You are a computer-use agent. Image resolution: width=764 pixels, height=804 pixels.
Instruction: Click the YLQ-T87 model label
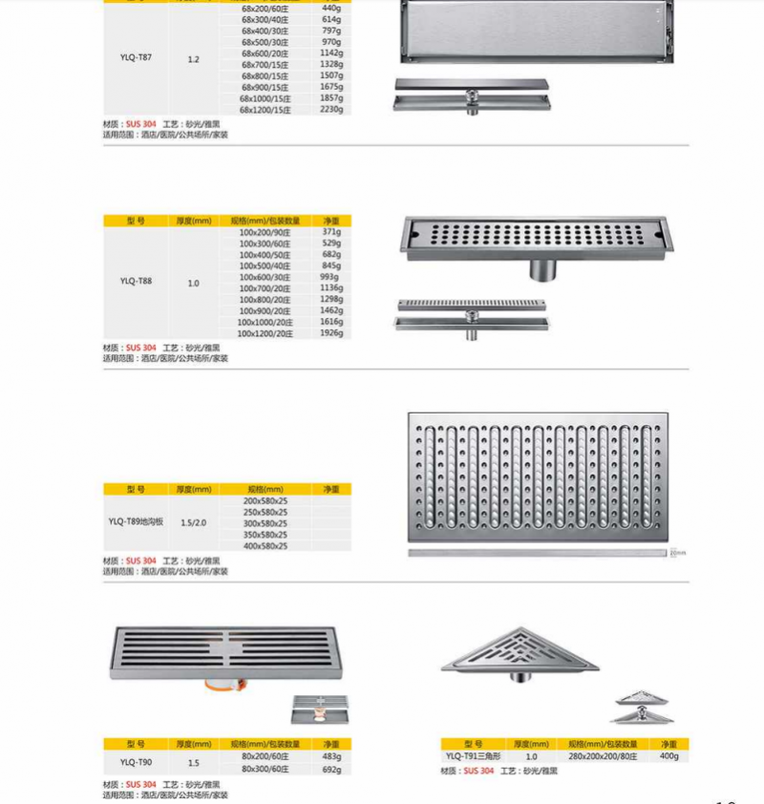pyautogui.click(x=136, y=58)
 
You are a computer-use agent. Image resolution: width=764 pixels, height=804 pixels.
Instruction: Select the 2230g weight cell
pyautogui.click(x=331, y=110)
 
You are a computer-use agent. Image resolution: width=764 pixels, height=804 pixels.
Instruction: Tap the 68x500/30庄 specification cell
pyautogui.click(x=265, y=42)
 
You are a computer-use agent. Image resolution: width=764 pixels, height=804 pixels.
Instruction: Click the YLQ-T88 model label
pyautogui.click(x=136, y=282)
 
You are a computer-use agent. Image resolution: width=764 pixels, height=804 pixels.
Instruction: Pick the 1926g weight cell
pyautogui.click(x=331, y=333)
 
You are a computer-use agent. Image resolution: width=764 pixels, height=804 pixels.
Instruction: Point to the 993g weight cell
pyautogui.click(x=331, y=277)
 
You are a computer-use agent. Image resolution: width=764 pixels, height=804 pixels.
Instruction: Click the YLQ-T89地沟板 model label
pyautogui.click(x=136, y=522)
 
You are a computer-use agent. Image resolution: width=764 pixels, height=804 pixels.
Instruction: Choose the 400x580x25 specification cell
pyautogui.click(x=265, y=545)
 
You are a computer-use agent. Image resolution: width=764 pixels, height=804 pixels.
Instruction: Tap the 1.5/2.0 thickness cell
pyautogui.click(x=194, y=522)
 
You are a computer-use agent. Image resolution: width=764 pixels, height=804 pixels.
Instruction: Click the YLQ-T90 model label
pyautogui.click(x=136, y=763)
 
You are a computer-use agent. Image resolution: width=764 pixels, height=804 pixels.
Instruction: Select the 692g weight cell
pyautogui.click(x=331, y=769)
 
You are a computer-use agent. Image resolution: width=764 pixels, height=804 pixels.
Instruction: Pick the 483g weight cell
pyautogui.click(x=331, y=757)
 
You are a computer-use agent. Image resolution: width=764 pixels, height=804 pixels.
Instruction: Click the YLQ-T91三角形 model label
pyautogui.click(x=476, y=756)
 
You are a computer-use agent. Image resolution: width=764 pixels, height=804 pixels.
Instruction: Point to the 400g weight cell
pyautogui.click(x=668, y=756)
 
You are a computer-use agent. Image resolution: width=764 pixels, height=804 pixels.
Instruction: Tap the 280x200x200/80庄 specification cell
pyautogui.click(x=603, y=756)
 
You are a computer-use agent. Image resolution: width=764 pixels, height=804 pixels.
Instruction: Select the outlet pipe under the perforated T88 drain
pyautogui.click(x=541, y=268)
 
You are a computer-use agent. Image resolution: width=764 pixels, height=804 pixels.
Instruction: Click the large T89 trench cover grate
pyautogui.click(x=538, y=476)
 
